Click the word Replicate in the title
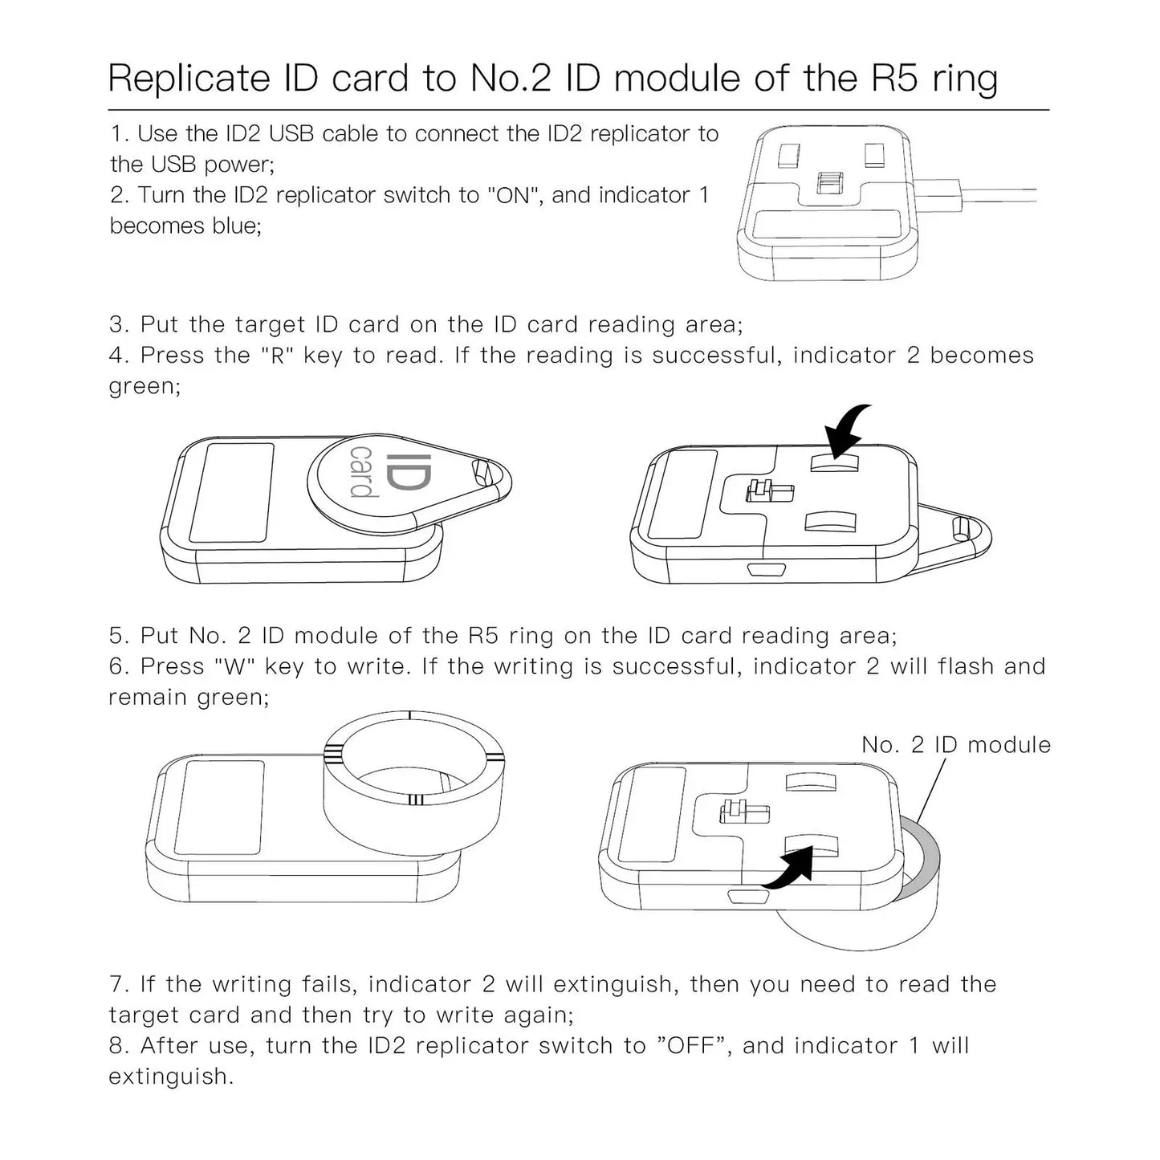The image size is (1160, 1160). [189, 79]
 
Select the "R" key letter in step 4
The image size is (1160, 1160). [279, 356]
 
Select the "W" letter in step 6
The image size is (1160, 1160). [234, 666]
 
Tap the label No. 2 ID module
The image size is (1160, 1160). [955, 745]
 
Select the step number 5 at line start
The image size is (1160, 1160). [117, 636]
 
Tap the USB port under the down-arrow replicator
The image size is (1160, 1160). [759, 571]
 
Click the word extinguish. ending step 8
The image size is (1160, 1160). [170, 1077]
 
